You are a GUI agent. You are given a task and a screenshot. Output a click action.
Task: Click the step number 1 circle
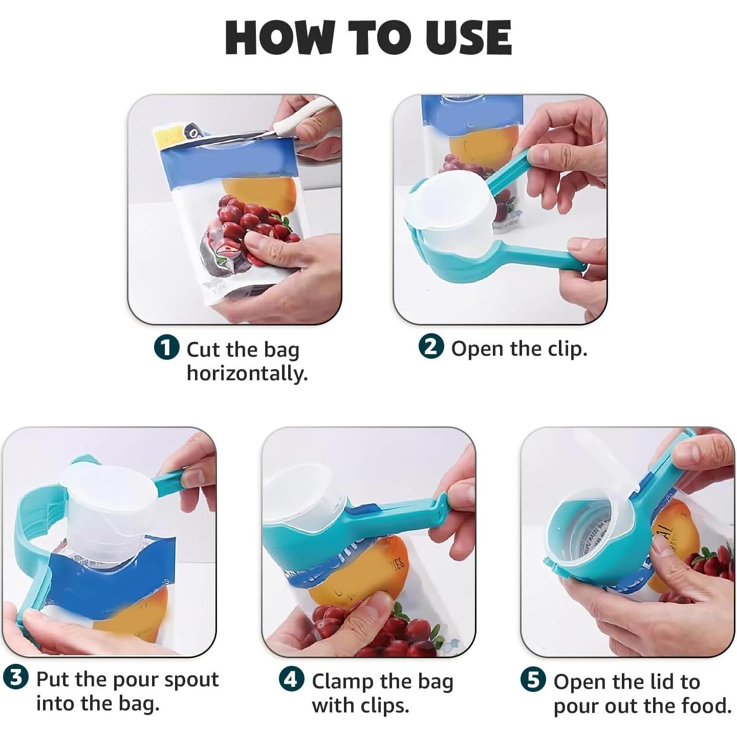[166, 349]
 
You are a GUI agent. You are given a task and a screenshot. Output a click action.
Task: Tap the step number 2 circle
[431, 348]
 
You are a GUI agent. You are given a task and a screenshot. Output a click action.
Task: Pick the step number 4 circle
[291, 680]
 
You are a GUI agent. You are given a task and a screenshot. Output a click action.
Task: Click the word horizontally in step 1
[247, 374]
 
